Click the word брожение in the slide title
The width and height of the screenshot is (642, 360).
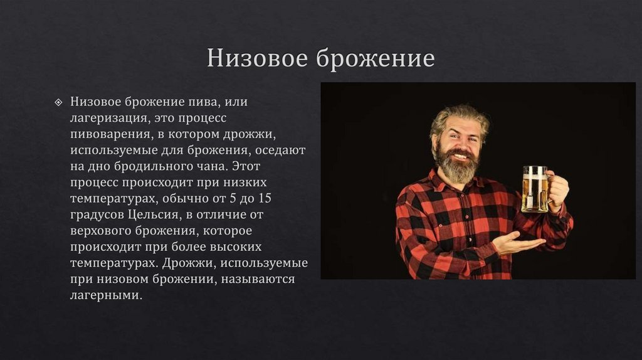[x=375, y=58]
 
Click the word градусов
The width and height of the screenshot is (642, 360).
[x=97, y=214]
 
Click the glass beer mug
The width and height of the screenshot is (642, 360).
[x=535, y=188]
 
